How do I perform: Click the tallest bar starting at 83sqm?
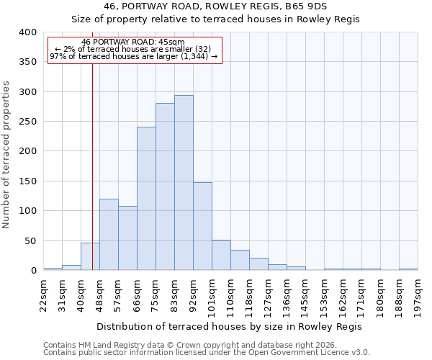(x=184, y=183)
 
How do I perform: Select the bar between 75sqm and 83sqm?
(x=165, y=186)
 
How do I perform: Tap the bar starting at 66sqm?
(x=146, y=199)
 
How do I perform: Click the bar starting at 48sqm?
(x=109, y=235)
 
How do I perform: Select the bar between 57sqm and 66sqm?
(x=127, y=238)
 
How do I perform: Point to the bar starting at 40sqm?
(x=90, y=257)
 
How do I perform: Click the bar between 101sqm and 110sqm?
(x=221, y=256)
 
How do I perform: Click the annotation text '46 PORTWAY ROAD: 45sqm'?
(x=133, y=42)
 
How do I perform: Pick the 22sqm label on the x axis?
(x=44, y=294)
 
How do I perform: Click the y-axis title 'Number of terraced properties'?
(x=6, y=155)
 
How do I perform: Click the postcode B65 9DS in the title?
(x=306, y=6)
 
